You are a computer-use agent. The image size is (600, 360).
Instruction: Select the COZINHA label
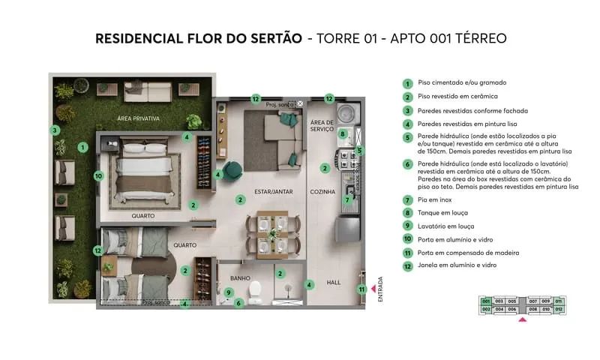pos(322,191)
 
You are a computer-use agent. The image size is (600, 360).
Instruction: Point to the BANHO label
pos(240,278)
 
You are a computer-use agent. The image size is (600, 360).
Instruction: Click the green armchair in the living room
pos(233,170)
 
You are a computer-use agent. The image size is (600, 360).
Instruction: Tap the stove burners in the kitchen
pos(346,160)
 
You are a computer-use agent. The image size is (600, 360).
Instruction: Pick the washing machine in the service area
pos(346,113)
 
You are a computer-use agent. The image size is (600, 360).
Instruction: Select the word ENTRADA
pos(380,289)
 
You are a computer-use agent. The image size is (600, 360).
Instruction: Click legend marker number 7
pos(407,200)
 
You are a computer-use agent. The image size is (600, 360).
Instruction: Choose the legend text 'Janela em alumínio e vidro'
pos(457,265)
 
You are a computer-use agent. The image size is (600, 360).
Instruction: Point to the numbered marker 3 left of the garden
pos(55,130)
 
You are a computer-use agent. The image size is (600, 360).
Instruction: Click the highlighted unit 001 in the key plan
pos(486,301)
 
